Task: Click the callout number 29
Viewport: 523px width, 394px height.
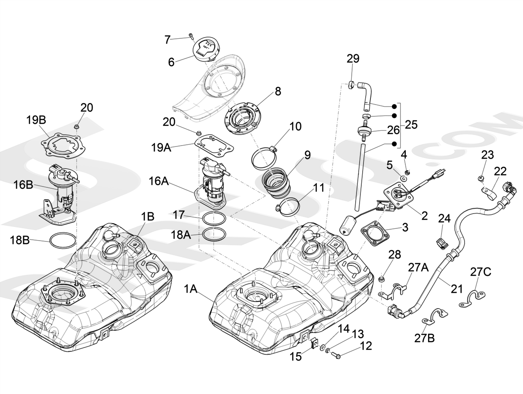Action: [353, 58]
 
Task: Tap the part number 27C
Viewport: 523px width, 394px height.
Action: [481, 272]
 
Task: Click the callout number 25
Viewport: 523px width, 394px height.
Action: [411, 125]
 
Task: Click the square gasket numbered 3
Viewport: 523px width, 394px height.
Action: [376, 233]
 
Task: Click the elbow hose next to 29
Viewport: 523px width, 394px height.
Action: [364, 91]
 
